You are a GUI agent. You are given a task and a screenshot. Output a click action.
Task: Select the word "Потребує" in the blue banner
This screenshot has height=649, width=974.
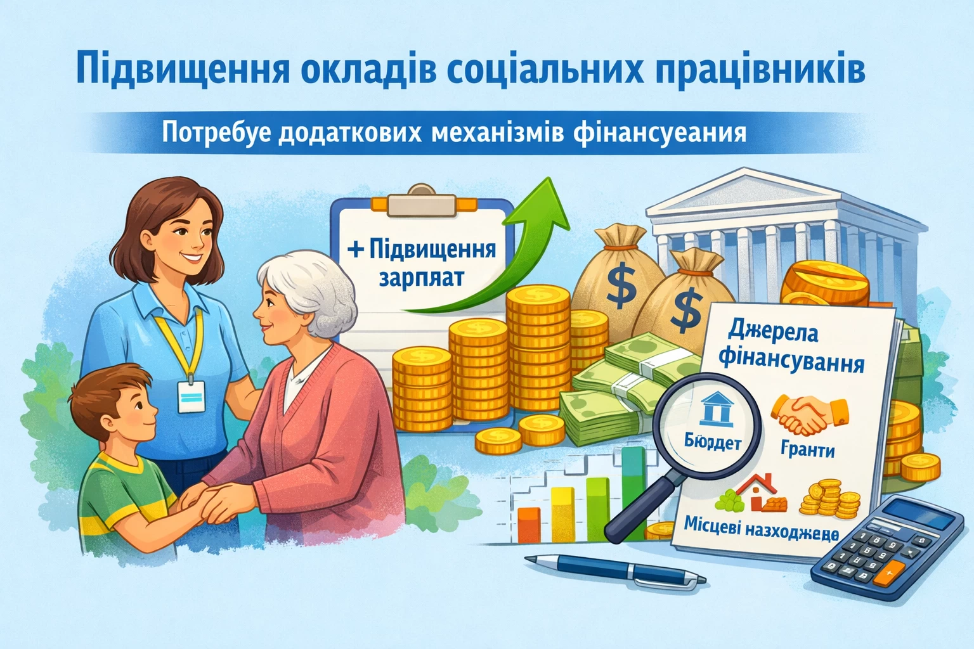pyautogui.click(x=211, y=133)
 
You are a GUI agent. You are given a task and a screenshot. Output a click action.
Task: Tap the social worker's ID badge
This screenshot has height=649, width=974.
pyautogui.click(x=192, y=397)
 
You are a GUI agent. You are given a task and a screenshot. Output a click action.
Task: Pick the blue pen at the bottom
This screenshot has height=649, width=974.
pyautogui.click(x=616, y=570)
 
